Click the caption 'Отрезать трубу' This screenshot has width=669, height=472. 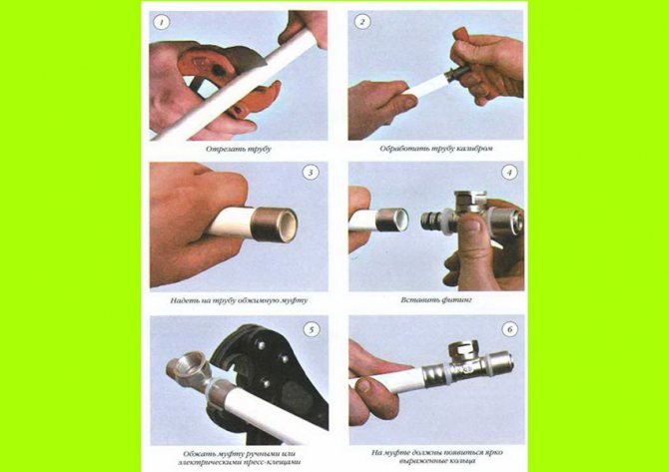coord(238,148)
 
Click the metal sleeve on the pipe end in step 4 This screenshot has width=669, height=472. coord(390,220)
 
